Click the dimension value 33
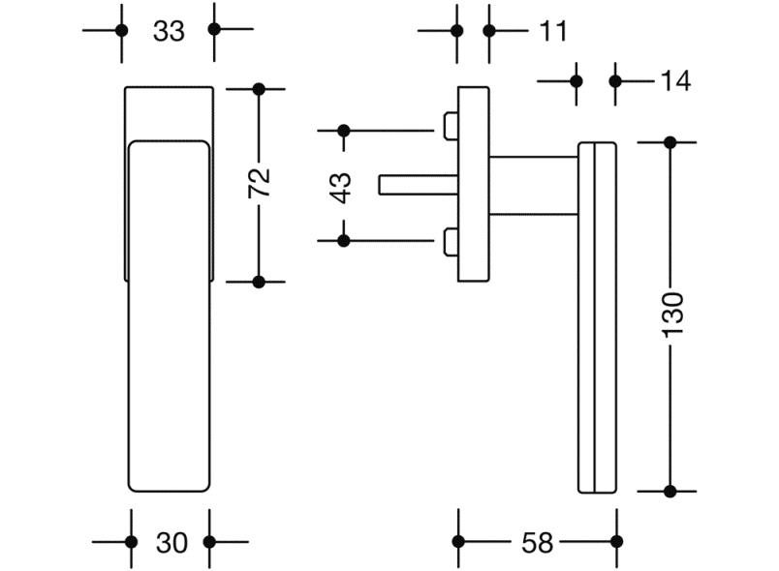(169, 31)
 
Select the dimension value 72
(259, 184)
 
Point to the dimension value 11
(552, 31)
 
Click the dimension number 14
(675, 81)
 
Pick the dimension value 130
(671, 316)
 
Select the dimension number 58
(537, 543)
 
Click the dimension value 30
(171, 543)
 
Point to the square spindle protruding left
(417, 184)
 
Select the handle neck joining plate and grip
(533, 184)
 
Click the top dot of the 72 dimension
(259, 89)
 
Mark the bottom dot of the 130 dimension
(670, 491)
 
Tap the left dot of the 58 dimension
(458, 542)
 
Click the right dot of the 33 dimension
(214, 30)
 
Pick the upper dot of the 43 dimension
(343, 130)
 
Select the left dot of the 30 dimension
(131, 542)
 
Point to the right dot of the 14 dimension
(615, 80)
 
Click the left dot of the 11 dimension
(457, 30)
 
